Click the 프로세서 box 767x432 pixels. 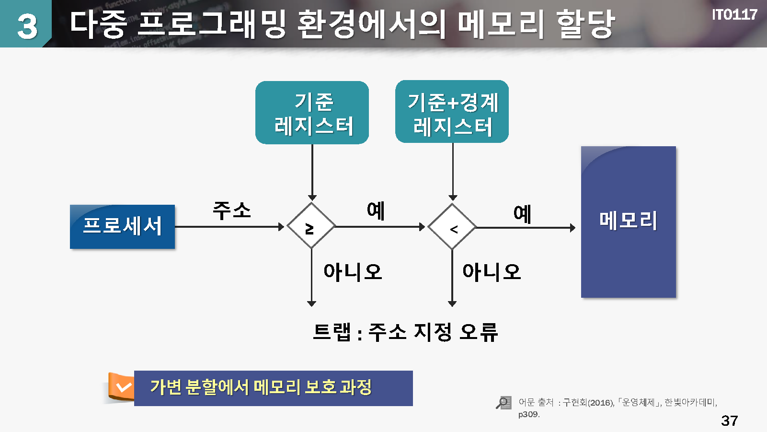click(122, 226)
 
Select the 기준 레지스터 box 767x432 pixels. click(312, 113)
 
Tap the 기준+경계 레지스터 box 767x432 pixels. click(452, 112)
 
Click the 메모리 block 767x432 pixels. click(628, 222)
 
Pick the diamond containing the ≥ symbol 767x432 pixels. click(311, 226)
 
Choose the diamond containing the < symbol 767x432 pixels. click(452, 227)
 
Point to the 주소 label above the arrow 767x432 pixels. click(232, 210)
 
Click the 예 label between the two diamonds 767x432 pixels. click(376, 210)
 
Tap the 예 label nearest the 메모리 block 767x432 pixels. click(522, 214)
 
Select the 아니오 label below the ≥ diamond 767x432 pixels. click(353, 272)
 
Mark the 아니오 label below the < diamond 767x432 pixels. click(492, 272)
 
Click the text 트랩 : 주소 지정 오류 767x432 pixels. click(405, 332)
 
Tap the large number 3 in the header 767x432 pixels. click(27, 26)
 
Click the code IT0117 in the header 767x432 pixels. click(734, 15)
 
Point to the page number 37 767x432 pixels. click(729, 420)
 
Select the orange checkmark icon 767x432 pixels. click(123, 387)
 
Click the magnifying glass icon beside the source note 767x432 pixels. click(504, 402)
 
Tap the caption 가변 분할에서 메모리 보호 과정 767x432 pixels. click(261, 387)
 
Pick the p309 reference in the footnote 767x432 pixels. click(528, 414)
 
